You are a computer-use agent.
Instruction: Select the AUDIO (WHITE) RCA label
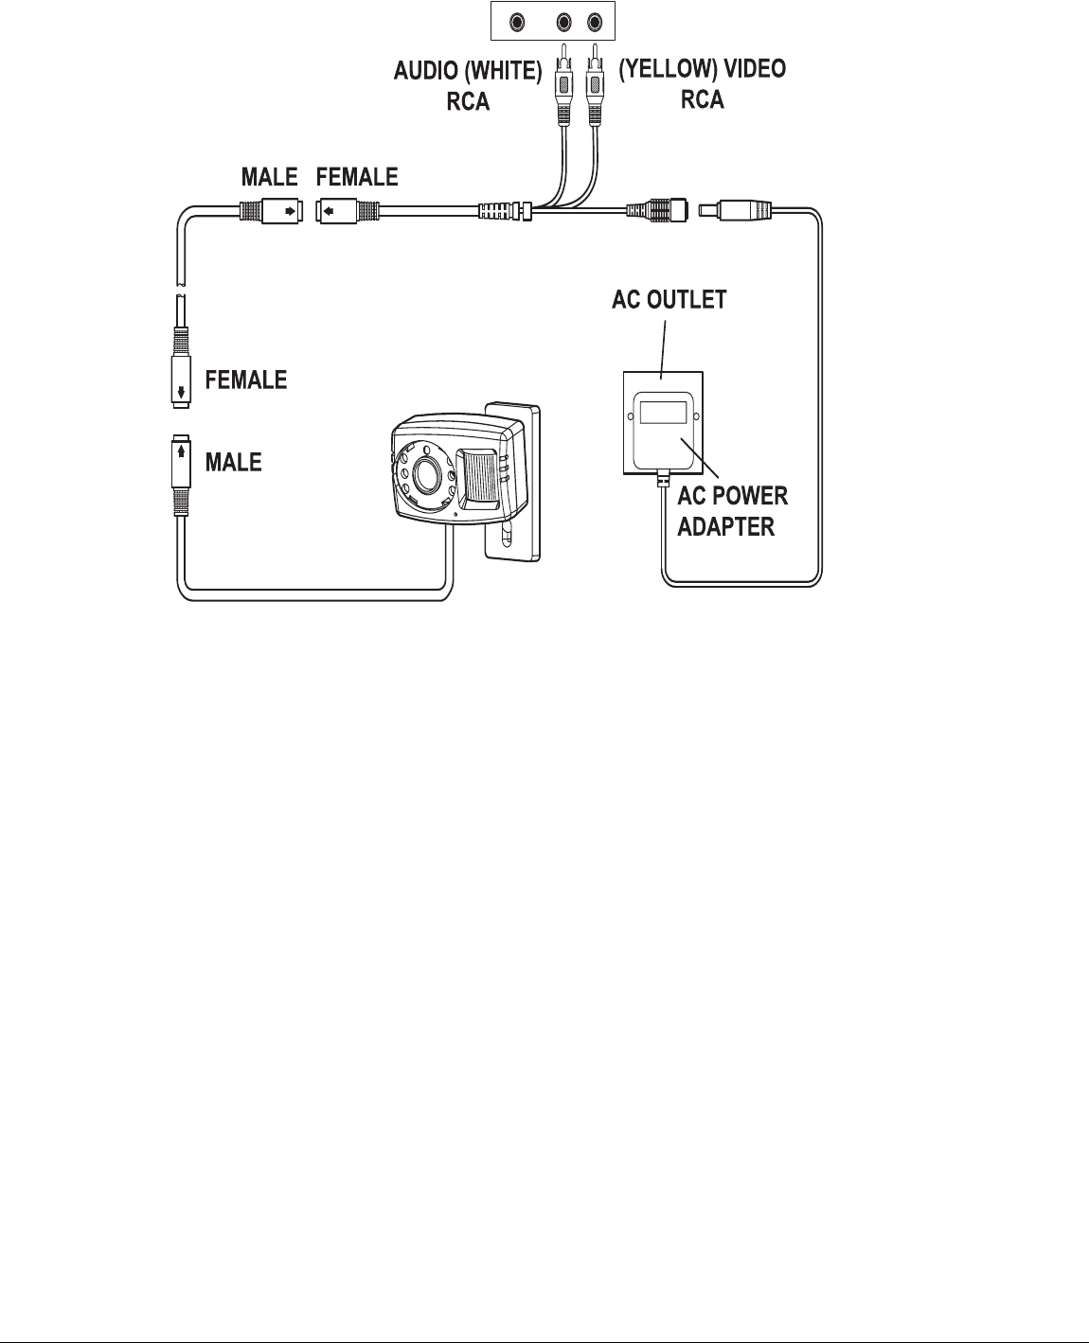pyautogui.click(x=468, y=86)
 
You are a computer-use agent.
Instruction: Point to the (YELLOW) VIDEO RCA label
pyautogui.click(x=702, y=84)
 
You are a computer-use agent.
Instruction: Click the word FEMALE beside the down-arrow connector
pyautogui.click(x=246, y=380)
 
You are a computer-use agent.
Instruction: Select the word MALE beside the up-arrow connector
pyautogui.click(x=234, y=462)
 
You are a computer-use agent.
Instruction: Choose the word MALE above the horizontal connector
pyautogui.click(x=269, y=177)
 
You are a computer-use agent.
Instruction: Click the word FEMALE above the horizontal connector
pyautogui.click(x=357, y=177)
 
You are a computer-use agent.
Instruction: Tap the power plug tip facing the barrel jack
pyautogui.click(x=707, y=209)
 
